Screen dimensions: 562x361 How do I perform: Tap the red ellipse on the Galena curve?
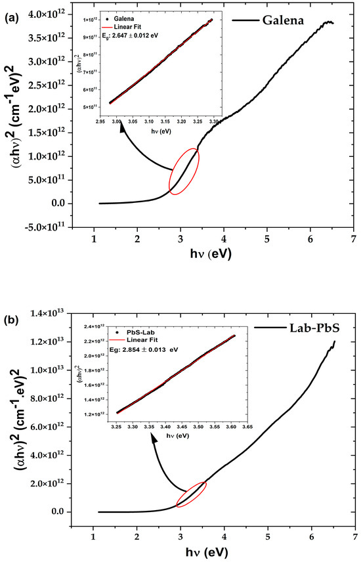(184, 171)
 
